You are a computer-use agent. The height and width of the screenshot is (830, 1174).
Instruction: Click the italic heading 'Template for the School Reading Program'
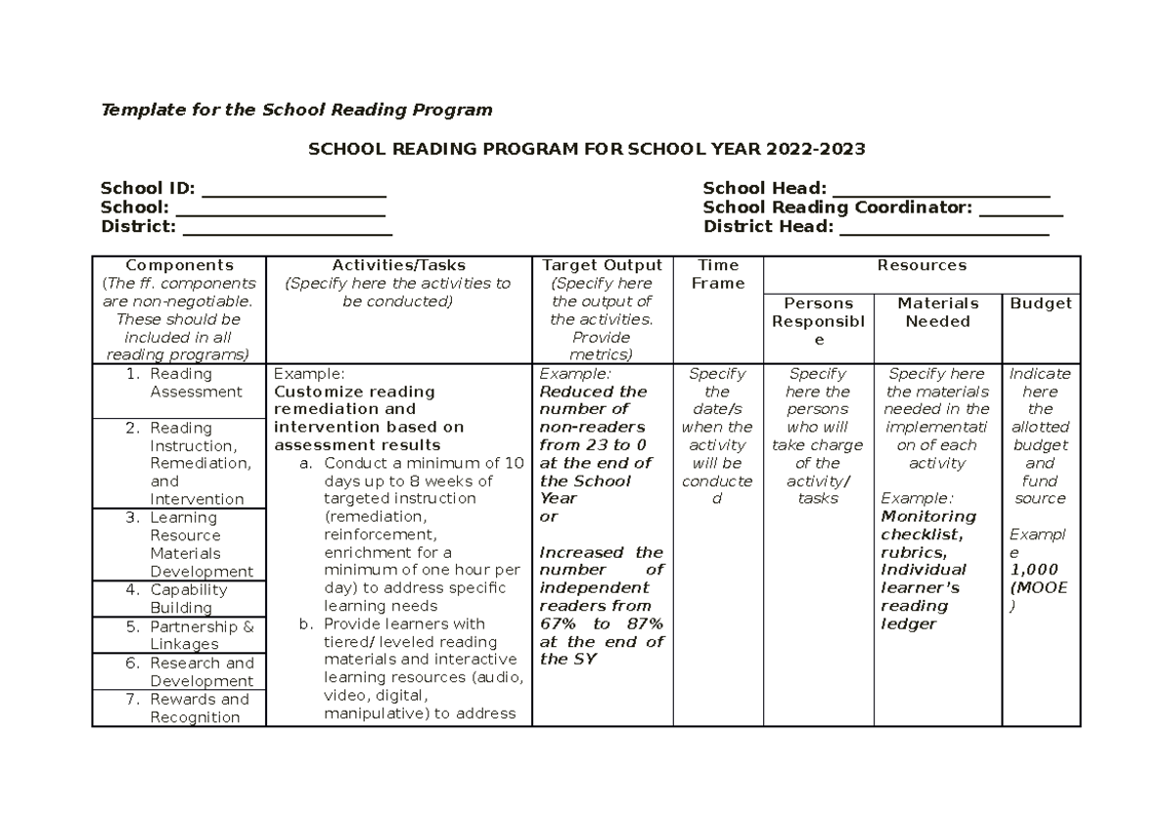coord(296,110)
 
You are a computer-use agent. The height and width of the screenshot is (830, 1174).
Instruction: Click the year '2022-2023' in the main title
coord(816,149)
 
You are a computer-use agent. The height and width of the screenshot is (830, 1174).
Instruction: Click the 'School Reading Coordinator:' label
coord(837,207)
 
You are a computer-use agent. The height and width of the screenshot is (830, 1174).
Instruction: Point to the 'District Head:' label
coord(768,227)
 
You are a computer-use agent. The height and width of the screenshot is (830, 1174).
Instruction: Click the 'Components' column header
coord(179,265)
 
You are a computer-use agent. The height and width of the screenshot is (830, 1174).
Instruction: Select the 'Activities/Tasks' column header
coord(398,265)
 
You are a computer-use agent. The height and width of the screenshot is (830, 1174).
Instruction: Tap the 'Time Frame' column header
coord(718,274)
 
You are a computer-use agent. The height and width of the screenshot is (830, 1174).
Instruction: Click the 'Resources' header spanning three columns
coord(922,265)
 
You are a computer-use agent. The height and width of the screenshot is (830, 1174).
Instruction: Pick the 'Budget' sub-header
coord(1041,303)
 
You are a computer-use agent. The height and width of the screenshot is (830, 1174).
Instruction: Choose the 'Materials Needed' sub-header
coord(937,312)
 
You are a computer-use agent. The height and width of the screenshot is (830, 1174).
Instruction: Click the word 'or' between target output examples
coord(548,517)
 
